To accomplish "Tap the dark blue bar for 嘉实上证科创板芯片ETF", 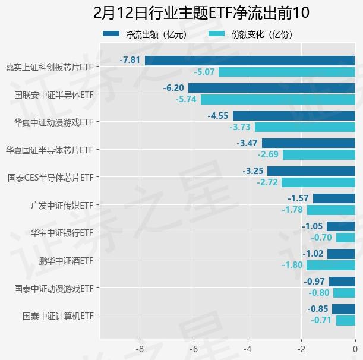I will point(250,60).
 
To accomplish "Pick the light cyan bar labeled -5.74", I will point(277,99).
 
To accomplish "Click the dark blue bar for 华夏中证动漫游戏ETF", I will point(293,116).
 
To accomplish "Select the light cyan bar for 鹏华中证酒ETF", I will point(331,265).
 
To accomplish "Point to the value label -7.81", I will point(130,60).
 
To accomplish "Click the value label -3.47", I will point(247,143).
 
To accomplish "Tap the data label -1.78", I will point(292,210).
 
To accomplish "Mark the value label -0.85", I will point(318,309).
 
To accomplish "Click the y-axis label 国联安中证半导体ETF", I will point(53,94).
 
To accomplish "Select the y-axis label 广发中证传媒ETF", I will point(62,205).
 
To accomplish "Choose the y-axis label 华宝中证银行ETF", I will point(62,233).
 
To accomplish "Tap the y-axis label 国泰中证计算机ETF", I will point(58,316).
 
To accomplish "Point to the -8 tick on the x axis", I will point(140,349).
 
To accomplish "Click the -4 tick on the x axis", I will point(247,349).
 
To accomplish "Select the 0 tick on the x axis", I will point(355,349).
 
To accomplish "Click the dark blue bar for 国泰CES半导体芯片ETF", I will point(311,171).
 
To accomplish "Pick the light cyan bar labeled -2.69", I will point(319,155).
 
